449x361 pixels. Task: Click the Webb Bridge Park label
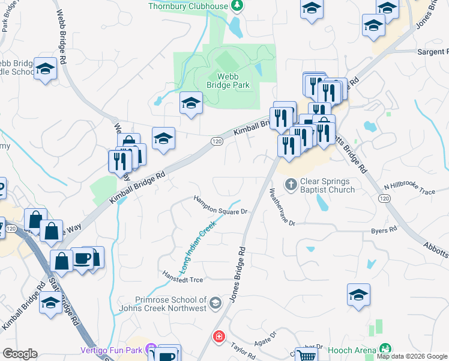pos(233,81)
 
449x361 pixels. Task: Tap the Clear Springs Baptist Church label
pos(327,185)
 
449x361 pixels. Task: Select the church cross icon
pos(291,184)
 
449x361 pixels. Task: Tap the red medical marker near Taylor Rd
pos(219,336)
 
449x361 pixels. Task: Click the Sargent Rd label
pos(432,52)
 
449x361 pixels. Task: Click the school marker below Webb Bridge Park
pos(190,103)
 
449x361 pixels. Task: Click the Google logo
pos(20,354)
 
